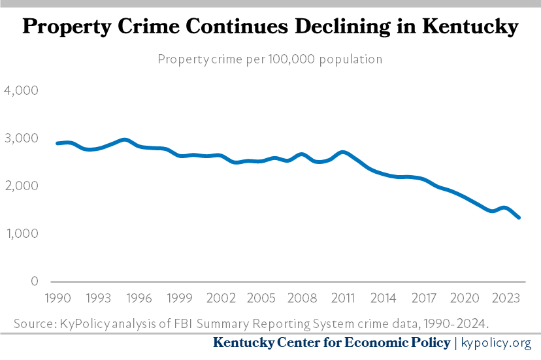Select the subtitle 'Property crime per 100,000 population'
270,59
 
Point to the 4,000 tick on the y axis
22,90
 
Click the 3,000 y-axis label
22,138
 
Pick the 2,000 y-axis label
22,186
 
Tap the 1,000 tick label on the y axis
23,233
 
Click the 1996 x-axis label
139,298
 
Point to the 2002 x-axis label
220,298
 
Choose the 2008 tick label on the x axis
302,298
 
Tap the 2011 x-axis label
342,298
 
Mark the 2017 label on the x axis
425,298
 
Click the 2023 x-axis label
506,298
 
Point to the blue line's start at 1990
57,143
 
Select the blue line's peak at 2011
343,152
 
